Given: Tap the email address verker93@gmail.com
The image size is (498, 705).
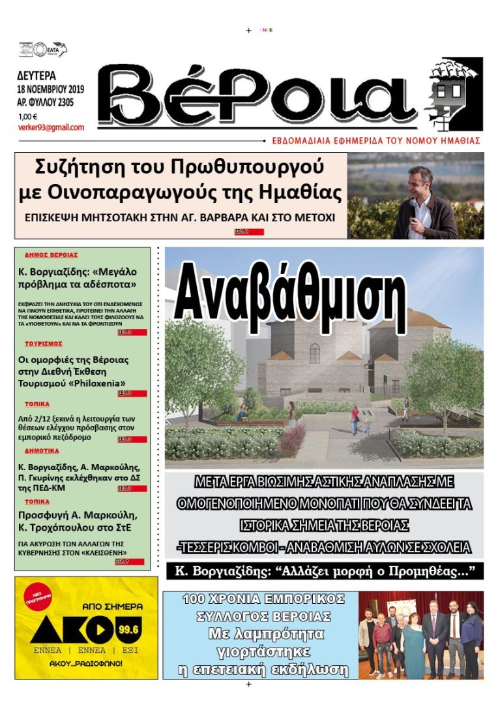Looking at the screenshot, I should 51,127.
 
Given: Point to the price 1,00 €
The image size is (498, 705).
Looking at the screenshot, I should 28,117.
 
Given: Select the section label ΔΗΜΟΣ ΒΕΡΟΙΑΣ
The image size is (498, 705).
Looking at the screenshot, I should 51,255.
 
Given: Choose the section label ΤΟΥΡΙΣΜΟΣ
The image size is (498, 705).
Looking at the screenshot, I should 43,343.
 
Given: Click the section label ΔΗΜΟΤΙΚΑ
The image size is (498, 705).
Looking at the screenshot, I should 42,451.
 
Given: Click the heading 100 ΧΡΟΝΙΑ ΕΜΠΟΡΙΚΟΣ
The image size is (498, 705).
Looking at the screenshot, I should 263,599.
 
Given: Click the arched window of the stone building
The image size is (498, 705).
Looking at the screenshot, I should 315,353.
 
